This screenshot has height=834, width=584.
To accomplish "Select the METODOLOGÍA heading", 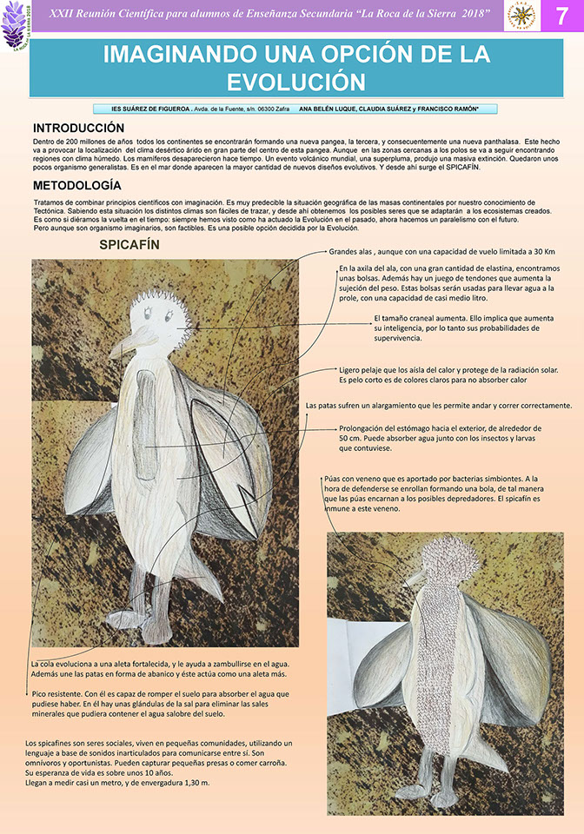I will click(x=76, y=186).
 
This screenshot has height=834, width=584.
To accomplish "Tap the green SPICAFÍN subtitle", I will click(x=129, y=245).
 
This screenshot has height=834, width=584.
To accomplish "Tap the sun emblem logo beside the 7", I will click(x=521, y=17).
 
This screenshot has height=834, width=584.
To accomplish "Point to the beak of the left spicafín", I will click(x=124, y=346).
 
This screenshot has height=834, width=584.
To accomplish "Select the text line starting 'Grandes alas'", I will click(x=441, y=252).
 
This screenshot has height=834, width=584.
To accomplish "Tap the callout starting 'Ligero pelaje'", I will click(x=448, y=375).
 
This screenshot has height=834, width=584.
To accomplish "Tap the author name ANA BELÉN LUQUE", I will click(x=327, y=109).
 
